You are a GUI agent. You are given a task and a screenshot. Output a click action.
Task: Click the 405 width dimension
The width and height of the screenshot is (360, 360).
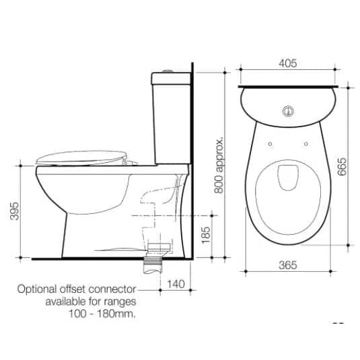[x=288, y=63]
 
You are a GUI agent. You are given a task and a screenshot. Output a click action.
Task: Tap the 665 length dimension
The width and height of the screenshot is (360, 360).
[x=342, y=166]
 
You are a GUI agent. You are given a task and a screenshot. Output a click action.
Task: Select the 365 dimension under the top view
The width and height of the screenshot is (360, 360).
[x=288, y=265]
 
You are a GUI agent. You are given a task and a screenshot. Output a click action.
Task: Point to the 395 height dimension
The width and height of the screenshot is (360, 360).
[x=15, y=211]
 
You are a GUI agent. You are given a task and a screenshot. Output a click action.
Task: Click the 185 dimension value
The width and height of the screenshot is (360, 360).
[x=206, y=235]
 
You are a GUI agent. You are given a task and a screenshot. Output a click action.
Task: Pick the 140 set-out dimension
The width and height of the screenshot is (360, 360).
[x=176, y=284]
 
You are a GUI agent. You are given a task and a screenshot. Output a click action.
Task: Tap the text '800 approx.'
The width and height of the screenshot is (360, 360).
[x=219, y=166]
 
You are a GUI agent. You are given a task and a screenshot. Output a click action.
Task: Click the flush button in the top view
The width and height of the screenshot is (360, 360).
[x=288, y=111]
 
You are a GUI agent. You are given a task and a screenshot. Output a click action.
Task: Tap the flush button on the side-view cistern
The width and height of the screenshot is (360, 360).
[x=167, y=71]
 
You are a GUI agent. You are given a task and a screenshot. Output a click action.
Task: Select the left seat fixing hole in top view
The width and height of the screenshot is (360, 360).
[x=271, y=144]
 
